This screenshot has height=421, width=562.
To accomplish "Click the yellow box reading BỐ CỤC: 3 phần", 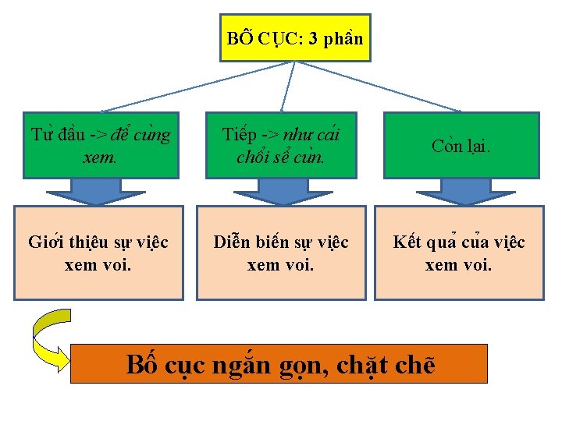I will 295,37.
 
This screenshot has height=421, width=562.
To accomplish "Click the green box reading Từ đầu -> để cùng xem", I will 100,146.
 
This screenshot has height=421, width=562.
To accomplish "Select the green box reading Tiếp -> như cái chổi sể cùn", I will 281,146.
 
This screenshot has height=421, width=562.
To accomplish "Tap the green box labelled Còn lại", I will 461,146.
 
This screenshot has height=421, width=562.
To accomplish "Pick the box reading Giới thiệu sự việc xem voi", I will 98,253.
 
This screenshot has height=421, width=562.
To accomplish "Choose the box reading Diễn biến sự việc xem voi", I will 281,253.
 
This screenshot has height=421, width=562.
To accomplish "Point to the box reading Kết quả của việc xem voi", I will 459,253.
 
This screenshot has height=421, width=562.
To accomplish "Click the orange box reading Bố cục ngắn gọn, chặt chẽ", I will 279,363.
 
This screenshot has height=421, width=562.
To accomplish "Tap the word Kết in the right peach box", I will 407,242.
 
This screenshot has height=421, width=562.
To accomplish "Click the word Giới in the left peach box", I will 45,242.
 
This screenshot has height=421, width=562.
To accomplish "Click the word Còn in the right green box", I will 446,146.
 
